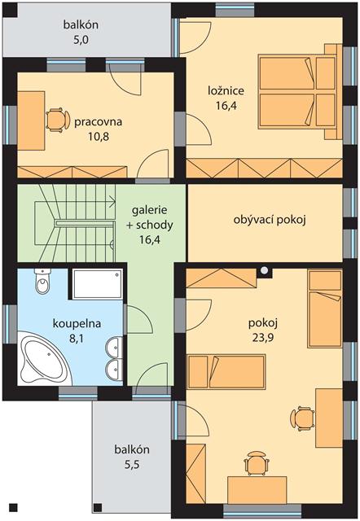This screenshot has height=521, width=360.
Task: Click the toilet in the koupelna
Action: [x=43, y=281]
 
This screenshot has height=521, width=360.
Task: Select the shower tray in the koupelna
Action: [x=98, y=284]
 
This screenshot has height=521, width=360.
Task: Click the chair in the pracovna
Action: [x=58, y=120]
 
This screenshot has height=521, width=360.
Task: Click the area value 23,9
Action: [x=263, y=338]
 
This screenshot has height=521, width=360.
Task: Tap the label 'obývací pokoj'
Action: [x=270, y=220]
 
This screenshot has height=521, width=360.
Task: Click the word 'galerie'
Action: [x=150, y=210]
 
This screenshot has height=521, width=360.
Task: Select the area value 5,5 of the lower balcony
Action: [x=132, y=464]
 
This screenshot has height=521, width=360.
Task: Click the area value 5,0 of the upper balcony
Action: [x=81, y=40]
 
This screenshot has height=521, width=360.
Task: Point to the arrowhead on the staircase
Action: [x=112, y=201]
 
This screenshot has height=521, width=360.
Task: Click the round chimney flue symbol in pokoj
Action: [x=264, y=270]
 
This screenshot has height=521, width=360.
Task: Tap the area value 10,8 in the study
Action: [x=99, y=136]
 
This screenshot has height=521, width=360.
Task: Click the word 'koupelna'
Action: [x=77, y=323]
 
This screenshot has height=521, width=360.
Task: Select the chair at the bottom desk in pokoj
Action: [x=257, y=463]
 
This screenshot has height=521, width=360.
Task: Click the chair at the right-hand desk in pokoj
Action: [x=302, y=418]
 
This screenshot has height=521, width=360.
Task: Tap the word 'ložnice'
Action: [x=226, y=90]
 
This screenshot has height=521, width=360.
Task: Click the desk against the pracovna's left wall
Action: [x=31, y=121]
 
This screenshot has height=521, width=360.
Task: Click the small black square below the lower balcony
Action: [x=98, y=507]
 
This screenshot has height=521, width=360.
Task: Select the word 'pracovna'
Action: [x=99, y=122]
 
